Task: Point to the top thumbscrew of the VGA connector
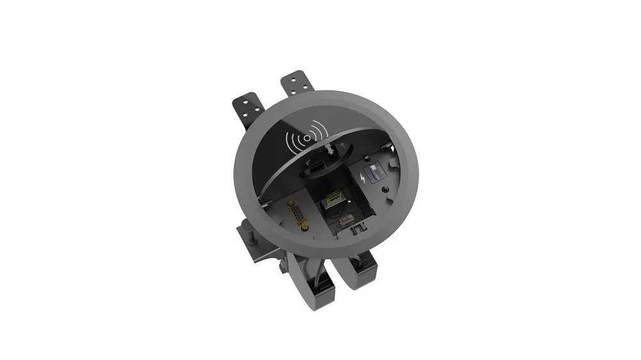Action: [294, 204]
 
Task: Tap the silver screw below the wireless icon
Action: [326, 149]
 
